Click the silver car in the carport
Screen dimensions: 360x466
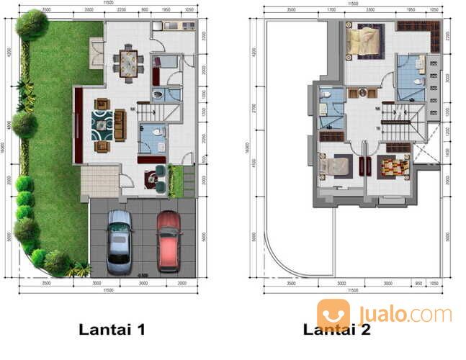point(119,242)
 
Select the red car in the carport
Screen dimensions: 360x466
point(168,241)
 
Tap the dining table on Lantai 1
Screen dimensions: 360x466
point(129,63)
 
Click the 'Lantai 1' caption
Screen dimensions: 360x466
point(112,330)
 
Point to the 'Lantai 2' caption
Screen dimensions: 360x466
point(337,330)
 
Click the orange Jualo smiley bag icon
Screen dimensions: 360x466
point(333,315)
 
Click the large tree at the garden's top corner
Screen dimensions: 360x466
point(32,24)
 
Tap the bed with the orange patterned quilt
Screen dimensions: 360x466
point(394,167)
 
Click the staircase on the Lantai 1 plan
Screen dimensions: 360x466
point(149,113)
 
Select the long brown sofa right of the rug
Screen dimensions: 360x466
point(120,125)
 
